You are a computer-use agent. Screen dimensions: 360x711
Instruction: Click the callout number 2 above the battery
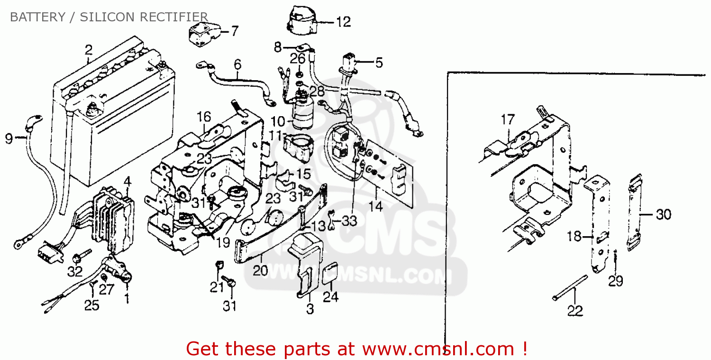(88, 49)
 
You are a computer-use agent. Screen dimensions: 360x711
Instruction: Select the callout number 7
(235, 31)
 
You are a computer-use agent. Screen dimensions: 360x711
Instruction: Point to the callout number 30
(663, 214)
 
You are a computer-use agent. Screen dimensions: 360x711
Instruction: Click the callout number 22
(575, 311)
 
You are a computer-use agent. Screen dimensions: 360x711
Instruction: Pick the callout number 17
(507, 120)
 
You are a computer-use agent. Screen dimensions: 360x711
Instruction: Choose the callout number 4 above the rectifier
(127, 181)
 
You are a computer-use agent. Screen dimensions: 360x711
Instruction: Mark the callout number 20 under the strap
(260, 271)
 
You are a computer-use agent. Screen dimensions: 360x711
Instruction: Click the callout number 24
(330, 297)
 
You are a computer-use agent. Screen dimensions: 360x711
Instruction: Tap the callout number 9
(9, 138)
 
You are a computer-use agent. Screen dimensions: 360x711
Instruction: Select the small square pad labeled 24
(330, 274)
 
